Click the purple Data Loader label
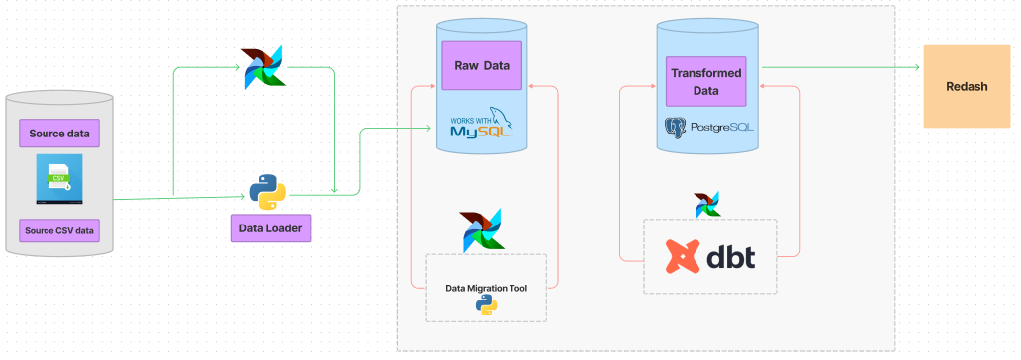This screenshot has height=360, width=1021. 270,228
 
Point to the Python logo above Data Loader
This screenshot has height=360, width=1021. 268,191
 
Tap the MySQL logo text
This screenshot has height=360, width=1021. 482,126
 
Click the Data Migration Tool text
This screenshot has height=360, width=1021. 486,287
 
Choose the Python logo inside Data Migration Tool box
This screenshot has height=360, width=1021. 485,306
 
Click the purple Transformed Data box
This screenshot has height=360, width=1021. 705,81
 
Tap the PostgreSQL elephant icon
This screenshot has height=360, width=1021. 676,128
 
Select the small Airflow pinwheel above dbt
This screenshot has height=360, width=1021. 707,205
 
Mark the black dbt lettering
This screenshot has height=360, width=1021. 731,256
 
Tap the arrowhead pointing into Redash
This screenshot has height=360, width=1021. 917,67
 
